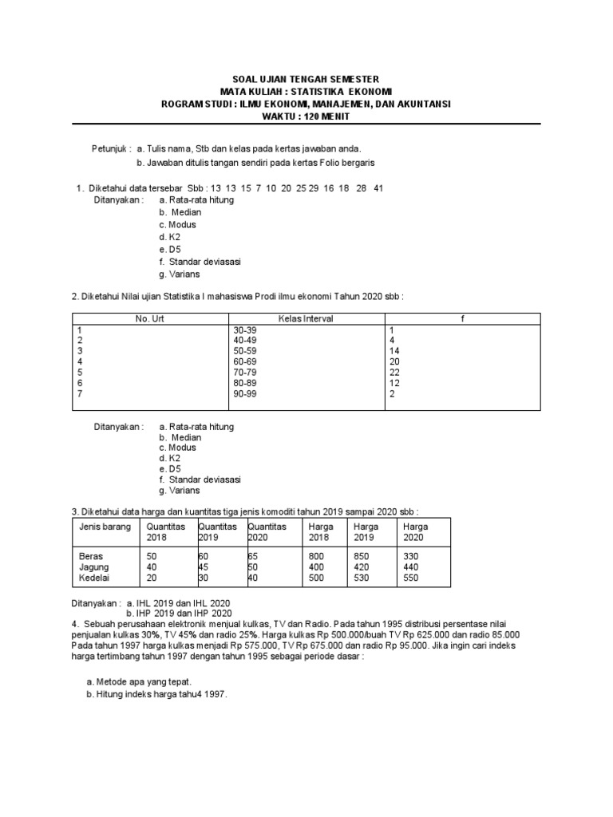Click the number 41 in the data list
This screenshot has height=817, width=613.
[379, 188]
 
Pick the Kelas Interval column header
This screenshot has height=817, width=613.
[306, 318]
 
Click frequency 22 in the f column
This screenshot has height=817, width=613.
[394, 372]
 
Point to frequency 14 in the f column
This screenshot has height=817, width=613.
[394, 350]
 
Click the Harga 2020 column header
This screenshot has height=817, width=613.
[416, 532]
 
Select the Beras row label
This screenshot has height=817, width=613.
[91, 555]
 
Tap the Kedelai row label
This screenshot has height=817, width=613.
[95, 578]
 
